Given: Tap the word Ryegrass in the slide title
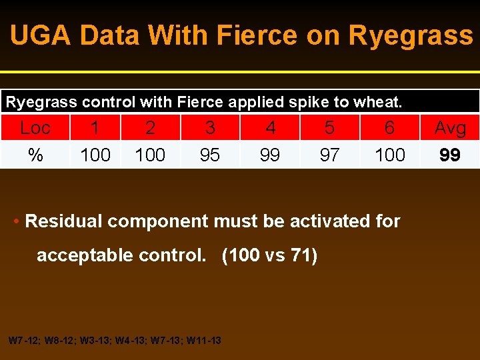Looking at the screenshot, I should [411, 35].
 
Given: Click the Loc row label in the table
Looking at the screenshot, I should [35, 127].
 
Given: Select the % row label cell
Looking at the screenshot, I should [35, 155].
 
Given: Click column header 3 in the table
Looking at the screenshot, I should [210, 127].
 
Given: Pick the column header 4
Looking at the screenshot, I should [270, 127].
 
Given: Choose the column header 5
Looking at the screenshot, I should [329, 127].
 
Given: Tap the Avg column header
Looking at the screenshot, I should [450, 127].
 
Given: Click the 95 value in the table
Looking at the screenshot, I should [210, 155].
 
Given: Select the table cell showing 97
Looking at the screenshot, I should [329, 155].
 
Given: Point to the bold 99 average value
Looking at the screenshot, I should [450, 155].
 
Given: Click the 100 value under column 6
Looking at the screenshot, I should [390, 155].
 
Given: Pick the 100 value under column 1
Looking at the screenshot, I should [95, 155].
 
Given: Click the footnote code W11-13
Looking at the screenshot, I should [204, 341].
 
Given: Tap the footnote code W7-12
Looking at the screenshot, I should [23, 341].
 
